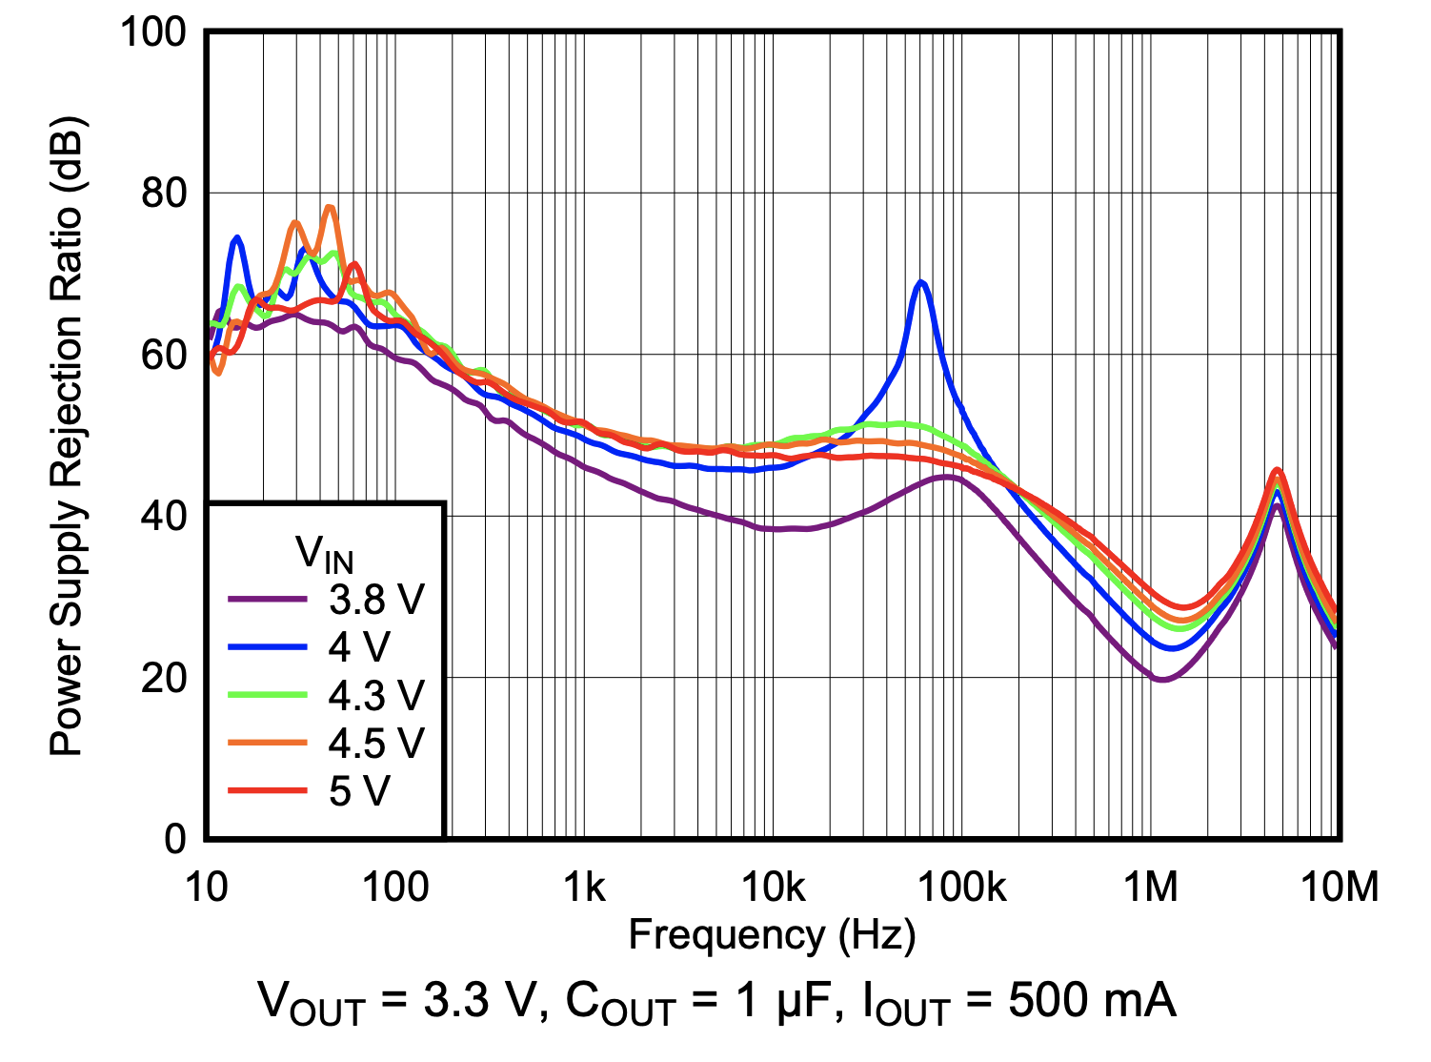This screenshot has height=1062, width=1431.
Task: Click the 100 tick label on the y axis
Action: pos(152,32)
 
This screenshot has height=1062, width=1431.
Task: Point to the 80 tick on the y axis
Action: pos(164,194)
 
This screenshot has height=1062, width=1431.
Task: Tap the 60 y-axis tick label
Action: pos(164,356)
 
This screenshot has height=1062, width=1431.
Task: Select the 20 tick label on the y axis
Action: pos(164,679)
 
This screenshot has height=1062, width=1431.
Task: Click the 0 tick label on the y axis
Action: pos(175,839)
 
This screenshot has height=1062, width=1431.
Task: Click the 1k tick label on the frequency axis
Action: pos(584,888)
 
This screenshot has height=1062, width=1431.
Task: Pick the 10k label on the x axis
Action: pos(773,888)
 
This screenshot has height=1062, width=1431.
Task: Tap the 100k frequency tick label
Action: pos(961,888)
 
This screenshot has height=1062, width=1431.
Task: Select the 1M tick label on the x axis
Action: pos(1151,888)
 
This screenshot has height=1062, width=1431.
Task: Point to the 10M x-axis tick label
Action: pos(1339,888)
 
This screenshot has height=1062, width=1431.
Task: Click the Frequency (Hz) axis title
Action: pos(772,935)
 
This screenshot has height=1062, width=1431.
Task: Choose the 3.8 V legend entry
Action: pos(375,600)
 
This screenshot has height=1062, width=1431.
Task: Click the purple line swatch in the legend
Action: pos(268,600)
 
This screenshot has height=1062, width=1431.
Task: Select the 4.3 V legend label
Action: pos(375,696)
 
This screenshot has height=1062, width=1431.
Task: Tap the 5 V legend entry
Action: pos(359,791)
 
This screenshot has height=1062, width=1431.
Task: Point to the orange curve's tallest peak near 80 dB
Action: pos(330,207)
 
